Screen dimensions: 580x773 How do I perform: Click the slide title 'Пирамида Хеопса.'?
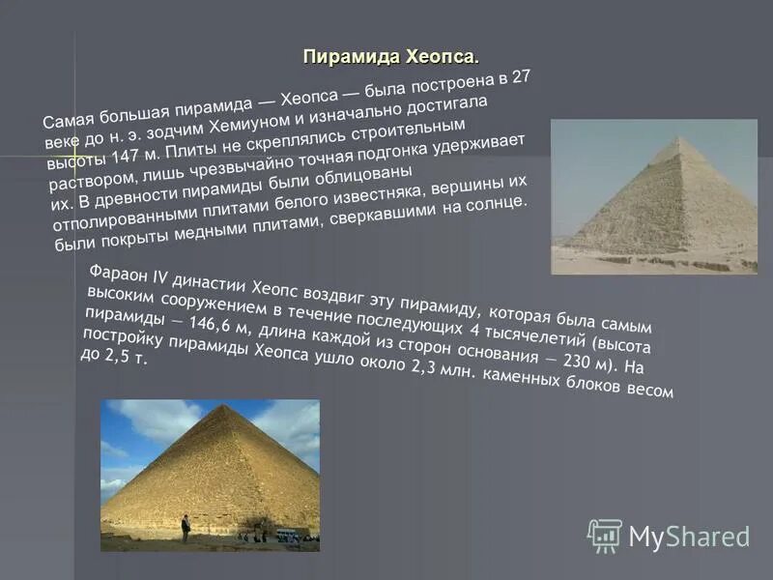tap(390, 55)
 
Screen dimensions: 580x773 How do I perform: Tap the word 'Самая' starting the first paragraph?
tap(67, 121)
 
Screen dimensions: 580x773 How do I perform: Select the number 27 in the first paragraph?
tap(520, 79)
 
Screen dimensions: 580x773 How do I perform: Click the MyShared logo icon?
tap(604, 535)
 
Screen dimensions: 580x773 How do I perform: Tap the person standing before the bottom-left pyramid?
tap(186, 529)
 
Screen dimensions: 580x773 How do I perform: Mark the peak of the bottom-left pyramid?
tap(224, 407)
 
